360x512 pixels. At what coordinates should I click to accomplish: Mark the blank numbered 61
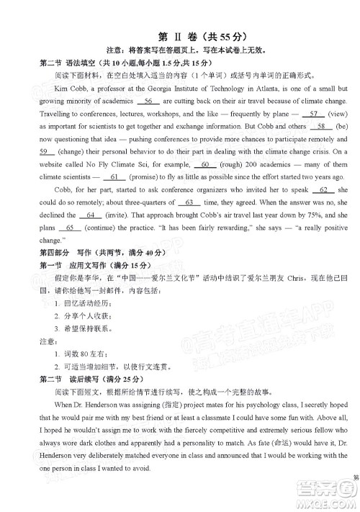click(x=114, y=177)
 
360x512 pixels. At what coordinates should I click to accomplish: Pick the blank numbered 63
click(x=189, y=202)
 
